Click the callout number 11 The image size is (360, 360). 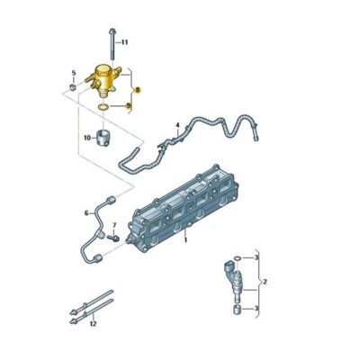pos(125,42)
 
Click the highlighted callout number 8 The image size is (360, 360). pos(137,90)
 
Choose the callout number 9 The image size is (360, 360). pos(128,106)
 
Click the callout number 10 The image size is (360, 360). pos(87,138)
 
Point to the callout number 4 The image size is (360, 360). pos(177,125)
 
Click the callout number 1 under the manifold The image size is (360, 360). pos(185,240)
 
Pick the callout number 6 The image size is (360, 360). pos(87,213)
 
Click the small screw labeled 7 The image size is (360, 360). pos(112,237)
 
